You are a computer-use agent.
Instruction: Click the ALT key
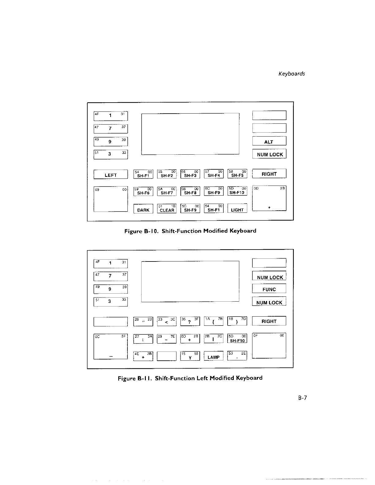[269, 141]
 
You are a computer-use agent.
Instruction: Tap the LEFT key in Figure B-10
[111, 175]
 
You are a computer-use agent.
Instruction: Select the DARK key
[143, 209]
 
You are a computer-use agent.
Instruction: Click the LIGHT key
[237, 209]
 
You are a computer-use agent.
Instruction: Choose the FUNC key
[269, 289]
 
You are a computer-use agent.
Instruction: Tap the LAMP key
[214, 356]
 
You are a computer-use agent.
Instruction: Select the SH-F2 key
[167, 174]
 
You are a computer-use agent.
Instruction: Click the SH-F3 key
[190, 174]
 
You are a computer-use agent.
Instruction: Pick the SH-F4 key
[214, 174]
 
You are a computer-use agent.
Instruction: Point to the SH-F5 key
[237, 174]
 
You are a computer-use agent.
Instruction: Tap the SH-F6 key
[143, 191]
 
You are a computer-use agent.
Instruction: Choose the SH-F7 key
[167, 191]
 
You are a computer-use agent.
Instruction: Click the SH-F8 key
[190, 191]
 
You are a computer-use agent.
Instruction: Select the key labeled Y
[190, 356]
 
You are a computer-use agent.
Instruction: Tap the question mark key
[190, 321]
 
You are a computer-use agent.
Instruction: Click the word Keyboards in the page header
[291, 74]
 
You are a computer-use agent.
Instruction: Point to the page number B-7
[302, 398]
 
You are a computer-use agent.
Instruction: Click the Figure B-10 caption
[190, 231]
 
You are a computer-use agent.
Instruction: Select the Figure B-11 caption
[190, 378]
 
